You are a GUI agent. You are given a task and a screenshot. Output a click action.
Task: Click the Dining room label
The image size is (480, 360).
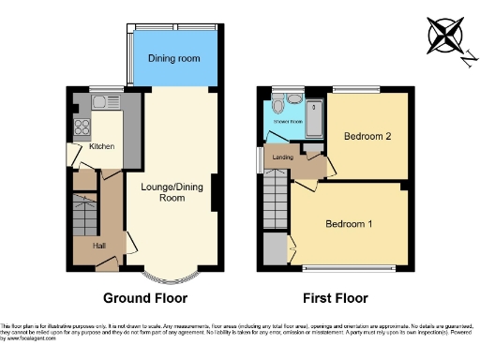click(173, 58)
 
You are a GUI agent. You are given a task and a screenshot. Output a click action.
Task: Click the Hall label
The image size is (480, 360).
click(98, 246)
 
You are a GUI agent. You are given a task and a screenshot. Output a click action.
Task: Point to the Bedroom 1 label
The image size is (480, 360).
click(349, 224)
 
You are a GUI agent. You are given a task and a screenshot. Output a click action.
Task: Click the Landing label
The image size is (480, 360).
click(282, 157)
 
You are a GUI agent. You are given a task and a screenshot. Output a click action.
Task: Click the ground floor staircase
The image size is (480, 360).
click(84, 217)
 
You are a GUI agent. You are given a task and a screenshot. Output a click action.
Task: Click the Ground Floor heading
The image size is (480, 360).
click(144, 298)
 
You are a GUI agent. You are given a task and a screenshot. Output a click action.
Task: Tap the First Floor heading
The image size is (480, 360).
click(335, 298)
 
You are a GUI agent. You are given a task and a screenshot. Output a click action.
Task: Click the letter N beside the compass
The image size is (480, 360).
click(465, 59)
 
